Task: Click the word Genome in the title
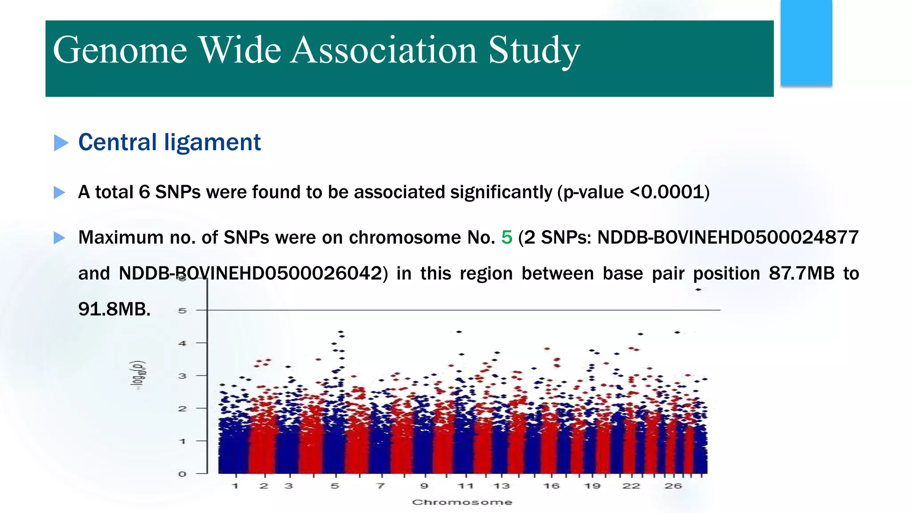click(x=120, y=50)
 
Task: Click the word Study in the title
click(x=534, y=50)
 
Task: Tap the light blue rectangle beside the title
click(x=806, y=42)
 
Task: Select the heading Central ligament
click(x=169, y=142)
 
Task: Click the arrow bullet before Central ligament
click(x=61, y=143)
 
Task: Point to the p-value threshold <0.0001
click(x=668, y=192)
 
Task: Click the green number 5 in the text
click(x=506, y=237)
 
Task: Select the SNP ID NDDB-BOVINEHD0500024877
click(x=728, y=237)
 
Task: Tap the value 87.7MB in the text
click(x=801, y=273)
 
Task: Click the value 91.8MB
click(x=114, y=309)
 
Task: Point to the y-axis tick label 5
click(x=182, y=310)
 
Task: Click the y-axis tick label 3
click(x=182, y=376)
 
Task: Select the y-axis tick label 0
click(x=182, y=474)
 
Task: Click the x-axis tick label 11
click(x=466, y=486)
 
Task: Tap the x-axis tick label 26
click(x=673, y=486)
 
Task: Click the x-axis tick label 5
click(x=335, y=486)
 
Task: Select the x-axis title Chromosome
click(x=462, y=502)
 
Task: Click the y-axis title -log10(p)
click(x=138, y=375)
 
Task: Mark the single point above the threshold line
click(x=698, y=289)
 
